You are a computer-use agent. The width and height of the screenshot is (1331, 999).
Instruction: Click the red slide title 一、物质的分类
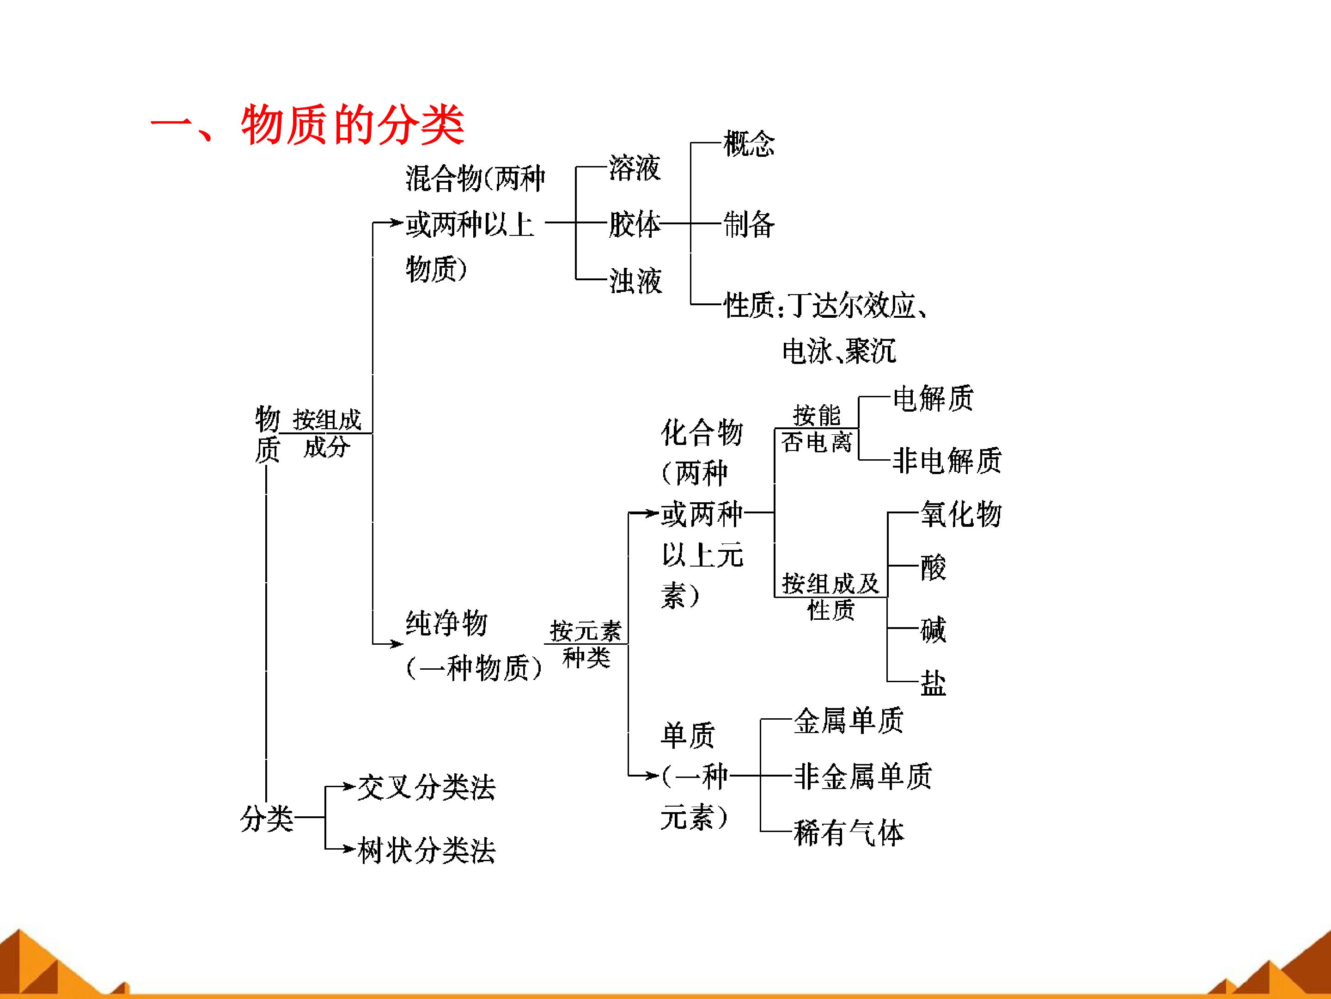pos(307,125)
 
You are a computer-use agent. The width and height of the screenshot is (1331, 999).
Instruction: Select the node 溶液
pos(635,167)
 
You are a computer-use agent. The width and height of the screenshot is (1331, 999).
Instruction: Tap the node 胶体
pos(634,224)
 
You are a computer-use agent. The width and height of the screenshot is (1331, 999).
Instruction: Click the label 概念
pos(749,143)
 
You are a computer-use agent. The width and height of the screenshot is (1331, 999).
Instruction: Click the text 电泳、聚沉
pos(839,351)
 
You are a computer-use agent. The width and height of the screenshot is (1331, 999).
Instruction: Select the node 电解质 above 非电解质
pos(933,398)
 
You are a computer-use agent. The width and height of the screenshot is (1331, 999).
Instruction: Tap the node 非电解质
pos(946,461)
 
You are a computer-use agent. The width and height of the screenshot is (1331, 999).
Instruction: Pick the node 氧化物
pos(961,514)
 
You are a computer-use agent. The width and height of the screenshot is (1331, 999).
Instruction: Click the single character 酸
pos(933,567)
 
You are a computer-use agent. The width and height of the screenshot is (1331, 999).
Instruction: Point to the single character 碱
pos(933,630)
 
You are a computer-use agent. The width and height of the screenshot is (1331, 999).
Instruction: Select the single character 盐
pos(933,683)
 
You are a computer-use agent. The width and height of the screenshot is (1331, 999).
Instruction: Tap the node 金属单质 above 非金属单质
pos(849,720)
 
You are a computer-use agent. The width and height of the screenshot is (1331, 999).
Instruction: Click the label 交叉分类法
pos(427,787)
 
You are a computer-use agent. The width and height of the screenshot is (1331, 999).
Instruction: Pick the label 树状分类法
pos(427,850)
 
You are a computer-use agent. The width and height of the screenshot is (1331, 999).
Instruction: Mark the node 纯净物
pos(446,623)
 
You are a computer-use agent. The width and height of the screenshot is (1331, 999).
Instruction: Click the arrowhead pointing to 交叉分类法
pos(348,786)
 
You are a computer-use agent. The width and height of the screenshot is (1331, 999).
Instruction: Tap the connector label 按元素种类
pos(586,644)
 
